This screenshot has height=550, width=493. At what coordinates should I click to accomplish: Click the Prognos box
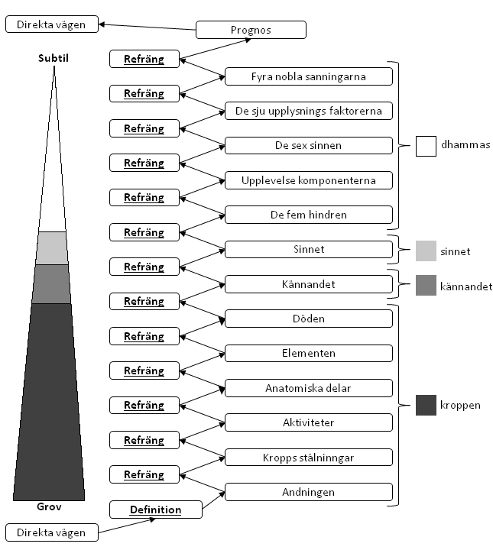(251, 30)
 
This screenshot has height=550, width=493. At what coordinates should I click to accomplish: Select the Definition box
(156, 510)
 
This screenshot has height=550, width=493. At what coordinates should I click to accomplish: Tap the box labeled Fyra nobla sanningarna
(309, 76)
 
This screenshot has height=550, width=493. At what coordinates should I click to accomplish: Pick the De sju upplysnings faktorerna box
(309, 111)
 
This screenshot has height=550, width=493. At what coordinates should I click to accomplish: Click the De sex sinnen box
(309, 145)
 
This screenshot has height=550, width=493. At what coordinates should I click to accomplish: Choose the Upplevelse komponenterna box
(309, 180)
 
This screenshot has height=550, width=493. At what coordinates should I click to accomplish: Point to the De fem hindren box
(309, 215)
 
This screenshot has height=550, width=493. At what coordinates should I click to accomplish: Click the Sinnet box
(309, 249)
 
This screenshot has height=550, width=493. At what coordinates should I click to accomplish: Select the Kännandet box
(309, 284)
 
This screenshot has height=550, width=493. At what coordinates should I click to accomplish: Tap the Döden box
(309, 319)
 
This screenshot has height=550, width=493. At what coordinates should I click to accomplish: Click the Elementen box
(309, 353)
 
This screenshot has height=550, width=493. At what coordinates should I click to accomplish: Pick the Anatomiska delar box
(309, 388)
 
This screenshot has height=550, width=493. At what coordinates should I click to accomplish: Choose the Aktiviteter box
(309, 422)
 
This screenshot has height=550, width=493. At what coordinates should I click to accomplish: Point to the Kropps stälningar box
(309, 457)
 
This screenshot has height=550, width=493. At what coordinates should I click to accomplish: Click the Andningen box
(309, 492)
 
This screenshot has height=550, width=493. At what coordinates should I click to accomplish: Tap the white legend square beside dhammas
(426, 146)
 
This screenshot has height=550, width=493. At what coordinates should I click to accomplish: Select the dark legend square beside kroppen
(426, 405)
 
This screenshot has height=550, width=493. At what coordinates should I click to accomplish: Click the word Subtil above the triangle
(54, 58)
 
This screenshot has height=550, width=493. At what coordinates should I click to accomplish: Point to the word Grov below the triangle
(49, 506)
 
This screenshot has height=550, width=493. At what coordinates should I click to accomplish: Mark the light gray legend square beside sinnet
(426, 251)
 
